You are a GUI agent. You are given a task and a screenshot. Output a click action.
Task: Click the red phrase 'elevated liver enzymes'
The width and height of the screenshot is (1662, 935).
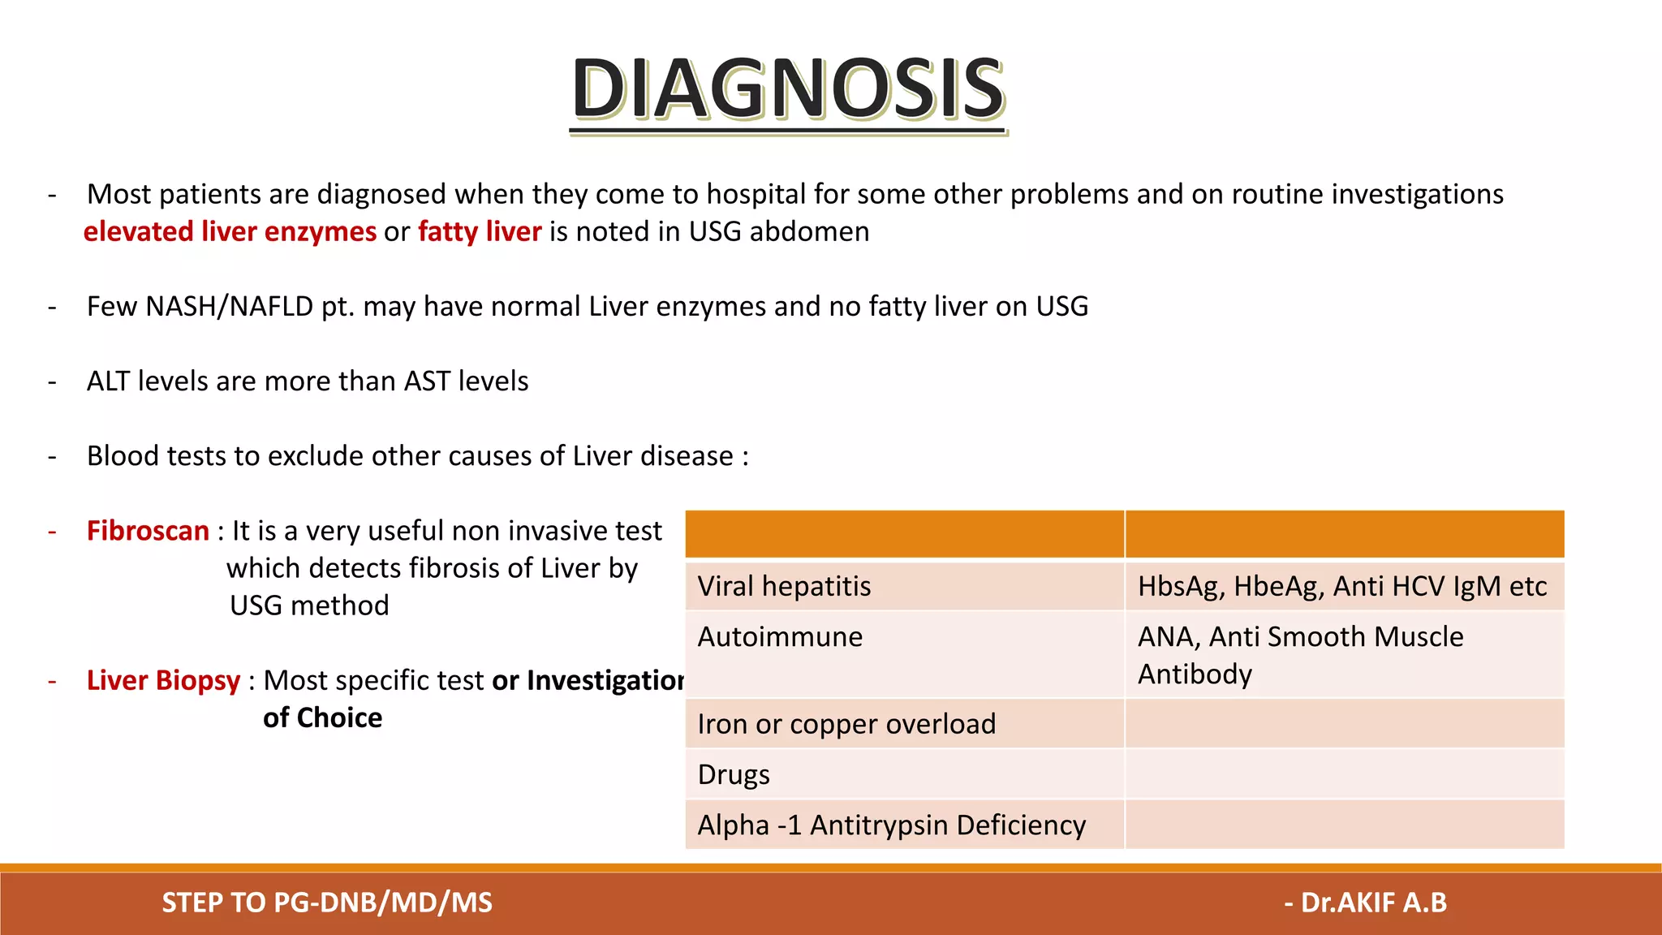pos(230,232)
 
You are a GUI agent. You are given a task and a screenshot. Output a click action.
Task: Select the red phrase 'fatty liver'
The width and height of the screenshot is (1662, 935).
pos(480,232)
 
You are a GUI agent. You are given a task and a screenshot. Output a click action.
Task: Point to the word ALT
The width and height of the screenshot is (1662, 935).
pos(108,381)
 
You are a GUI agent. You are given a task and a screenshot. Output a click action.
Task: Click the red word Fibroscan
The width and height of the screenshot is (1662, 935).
pos(148,531)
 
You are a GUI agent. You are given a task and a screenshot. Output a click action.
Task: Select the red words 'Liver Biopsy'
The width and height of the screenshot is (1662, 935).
pos(163,680)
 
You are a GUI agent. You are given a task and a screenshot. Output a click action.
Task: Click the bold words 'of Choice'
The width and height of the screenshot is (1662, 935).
pos(322,718)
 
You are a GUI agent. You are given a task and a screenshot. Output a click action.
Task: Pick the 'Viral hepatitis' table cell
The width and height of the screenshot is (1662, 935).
pos(904,586)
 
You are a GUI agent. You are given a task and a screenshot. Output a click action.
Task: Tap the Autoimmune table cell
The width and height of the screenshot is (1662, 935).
pos(904,654)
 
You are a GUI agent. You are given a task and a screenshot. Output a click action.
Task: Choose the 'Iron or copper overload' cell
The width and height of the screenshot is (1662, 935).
pos(904,724)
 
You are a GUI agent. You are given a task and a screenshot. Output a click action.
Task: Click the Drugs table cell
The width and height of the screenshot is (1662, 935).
pos(904,774)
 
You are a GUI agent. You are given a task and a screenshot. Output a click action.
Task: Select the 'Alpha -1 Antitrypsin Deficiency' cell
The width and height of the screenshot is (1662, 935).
pos(904,825)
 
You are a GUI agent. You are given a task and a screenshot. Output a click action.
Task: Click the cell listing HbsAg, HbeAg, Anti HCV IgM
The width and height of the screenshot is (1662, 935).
pos(1344,586)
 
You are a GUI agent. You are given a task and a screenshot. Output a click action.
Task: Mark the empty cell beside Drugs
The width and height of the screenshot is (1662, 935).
pos(1344,774)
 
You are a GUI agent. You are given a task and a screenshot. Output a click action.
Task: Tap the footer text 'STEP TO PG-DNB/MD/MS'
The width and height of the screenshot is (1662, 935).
pos(327,903)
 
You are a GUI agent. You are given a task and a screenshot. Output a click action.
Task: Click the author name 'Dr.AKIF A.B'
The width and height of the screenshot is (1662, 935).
pos(1373,903)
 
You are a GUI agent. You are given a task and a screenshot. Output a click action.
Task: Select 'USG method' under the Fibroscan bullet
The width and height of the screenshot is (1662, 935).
pos(309,605)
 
